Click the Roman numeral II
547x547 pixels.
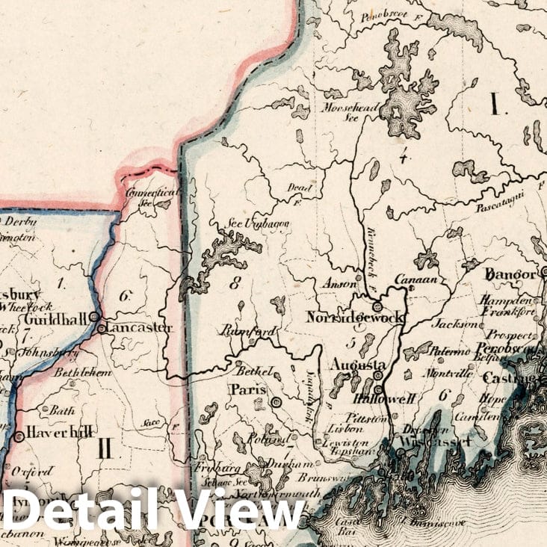coord(104,448)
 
